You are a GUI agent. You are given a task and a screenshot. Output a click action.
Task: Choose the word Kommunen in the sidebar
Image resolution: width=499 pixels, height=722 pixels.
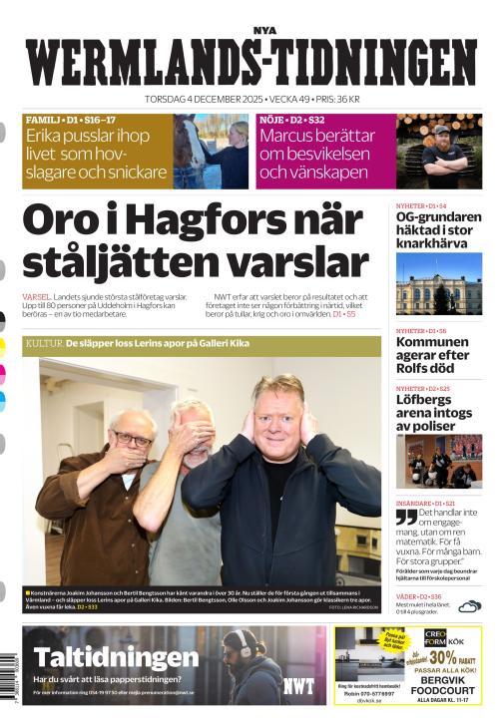click(432, 342)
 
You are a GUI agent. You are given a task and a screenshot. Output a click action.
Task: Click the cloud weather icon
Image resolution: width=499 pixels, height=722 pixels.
click(469, 604)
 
